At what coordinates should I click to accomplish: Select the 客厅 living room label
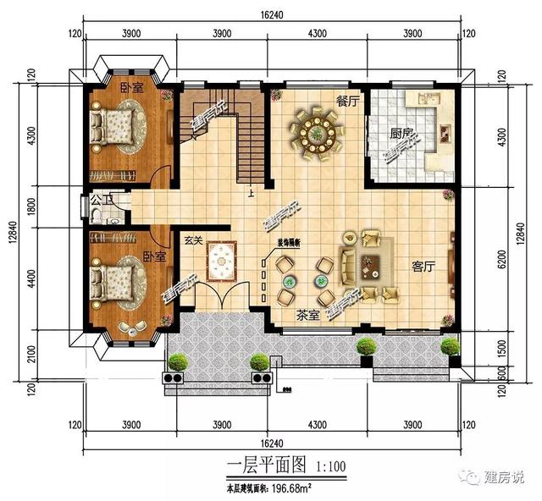[423, 266]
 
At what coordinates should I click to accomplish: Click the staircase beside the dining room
[224, 135]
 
